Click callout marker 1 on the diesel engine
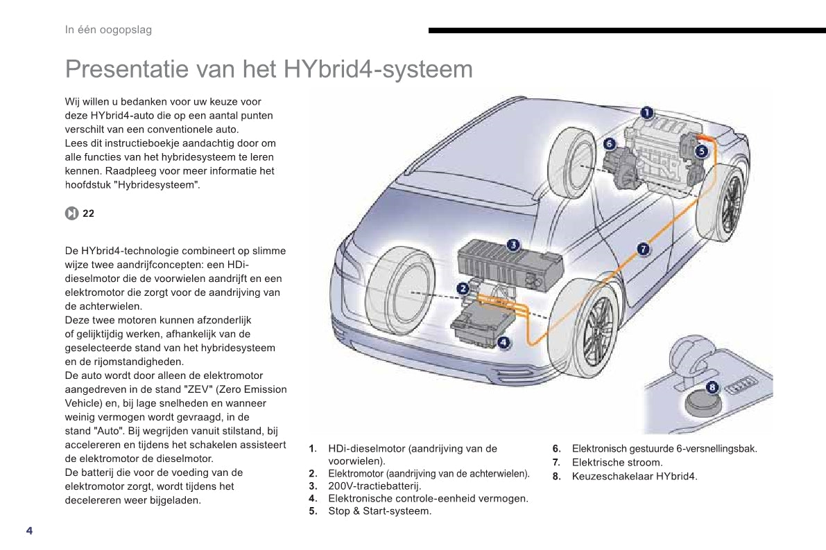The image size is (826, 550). click(647, 113)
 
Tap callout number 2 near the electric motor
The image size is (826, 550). click(463, 288)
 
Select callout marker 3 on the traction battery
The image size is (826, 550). click(513, 245)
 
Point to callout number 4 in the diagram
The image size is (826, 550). click(504, 343)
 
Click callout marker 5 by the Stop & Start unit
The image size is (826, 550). click(701, 152)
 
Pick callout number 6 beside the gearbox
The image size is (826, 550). click(610, 143)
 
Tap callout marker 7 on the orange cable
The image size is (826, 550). click(643, 249)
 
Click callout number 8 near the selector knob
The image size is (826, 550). click(712, 387)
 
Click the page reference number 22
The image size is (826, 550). click(89, 213)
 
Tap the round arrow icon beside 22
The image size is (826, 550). click(71, 213)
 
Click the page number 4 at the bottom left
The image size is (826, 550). click(30, 531)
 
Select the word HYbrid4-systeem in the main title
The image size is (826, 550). click(378, 69)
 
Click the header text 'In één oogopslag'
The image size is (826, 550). click(108, 30)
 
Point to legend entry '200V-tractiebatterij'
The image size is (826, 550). click(375, 486)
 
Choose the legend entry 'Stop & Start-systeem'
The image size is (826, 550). click(380, 511)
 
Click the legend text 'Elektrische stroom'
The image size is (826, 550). click(617, 463)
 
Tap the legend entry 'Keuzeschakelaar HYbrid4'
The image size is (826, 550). click(635, 477)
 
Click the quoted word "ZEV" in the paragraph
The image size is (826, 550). click(196, 389)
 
